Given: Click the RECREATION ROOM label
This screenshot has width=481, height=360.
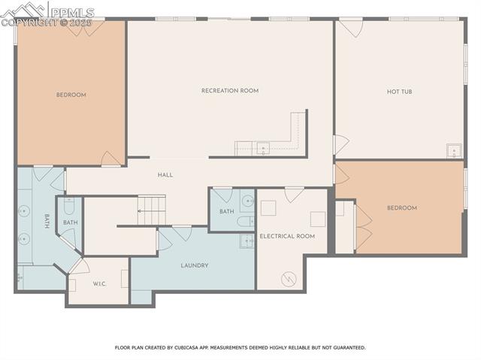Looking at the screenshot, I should click(229, 91).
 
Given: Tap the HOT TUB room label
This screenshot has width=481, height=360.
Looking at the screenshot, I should click(399, 92).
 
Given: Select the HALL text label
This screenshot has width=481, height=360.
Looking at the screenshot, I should click(165, 175).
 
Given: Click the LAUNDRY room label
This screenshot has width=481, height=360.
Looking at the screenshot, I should click(194, 265).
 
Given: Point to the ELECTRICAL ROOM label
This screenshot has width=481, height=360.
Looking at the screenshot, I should click(287, 236).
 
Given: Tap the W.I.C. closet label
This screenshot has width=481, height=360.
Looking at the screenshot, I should click(99, 283).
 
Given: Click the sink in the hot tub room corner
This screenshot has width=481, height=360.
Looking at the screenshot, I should click(454, 150).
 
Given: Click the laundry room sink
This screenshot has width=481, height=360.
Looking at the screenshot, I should click(247, 241).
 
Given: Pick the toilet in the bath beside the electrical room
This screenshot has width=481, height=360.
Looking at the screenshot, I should click(245, 221).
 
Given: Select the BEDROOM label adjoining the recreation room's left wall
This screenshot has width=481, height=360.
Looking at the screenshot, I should click(71, 95).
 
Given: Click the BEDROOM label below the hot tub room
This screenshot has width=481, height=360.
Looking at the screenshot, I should click(401, 207).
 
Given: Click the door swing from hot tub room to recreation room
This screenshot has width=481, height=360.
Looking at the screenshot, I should click(340, 144).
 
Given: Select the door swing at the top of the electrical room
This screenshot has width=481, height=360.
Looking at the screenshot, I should click(295, 195).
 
